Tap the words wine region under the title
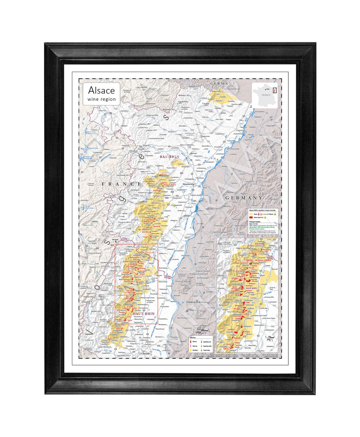point(101,99)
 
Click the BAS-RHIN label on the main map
point(169,156)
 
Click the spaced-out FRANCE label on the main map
point(118,184)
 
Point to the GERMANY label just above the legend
point(243,198)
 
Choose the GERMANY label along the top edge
point(223,84)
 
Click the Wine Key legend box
point(200,345)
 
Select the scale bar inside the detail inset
point(270,336)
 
